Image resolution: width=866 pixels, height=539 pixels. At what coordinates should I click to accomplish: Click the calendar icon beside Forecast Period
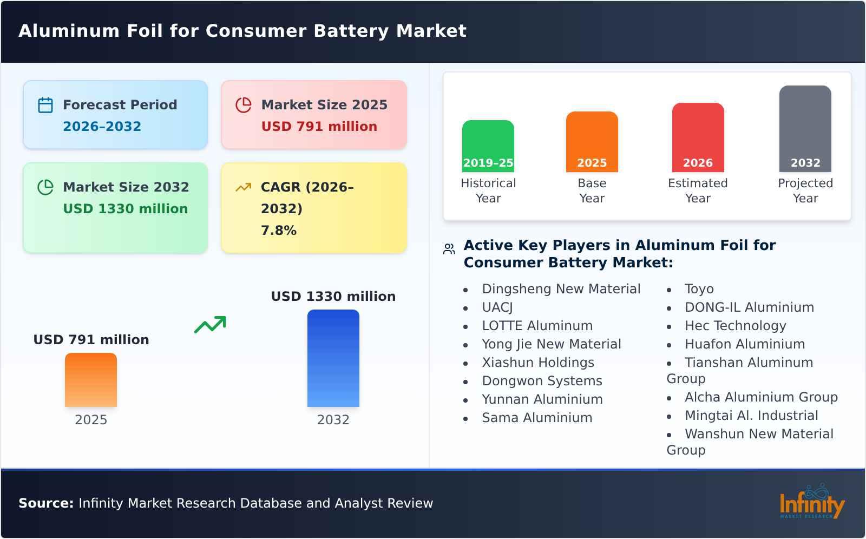click(45, 105)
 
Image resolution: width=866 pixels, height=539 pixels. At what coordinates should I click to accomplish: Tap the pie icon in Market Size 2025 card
click(244, 105)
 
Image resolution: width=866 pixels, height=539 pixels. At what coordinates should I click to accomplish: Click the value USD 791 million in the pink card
click(319, 127)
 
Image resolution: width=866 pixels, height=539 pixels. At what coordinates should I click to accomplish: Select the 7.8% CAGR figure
click(278, 231)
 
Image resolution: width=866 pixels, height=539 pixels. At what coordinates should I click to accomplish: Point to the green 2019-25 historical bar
click(488, 146)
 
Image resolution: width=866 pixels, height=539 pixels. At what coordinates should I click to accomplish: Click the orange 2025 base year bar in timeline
click(592, 141)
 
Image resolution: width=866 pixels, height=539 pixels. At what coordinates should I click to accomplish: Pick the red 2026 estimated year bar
click(698, 137)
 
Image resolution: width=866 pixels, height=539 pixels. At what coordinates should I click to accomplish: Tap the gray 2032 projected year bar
click(805, 128)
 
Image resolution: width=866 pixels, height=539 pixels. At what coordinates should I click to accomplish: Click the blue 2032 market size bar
click(333, 358)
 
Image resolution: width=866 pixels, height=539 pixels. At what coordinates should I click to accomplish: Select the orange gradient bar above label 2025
click(91, 379)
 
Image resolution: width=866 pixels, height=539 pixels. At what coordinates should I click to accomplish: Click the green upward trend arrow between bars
click(210, 325)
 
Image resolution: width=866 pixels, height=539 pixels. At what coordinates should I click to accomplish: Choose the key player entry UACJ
click(497, 307)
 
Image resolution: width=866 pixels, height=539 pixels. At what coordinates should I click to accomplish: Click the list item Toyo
click(699, 289)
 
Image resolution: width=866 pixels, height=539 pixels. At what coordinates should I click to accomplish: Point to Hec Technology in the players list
click(735, 326)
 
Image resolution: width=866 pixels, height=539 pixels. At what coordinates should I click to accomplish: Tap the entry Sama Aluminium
click(536, 418)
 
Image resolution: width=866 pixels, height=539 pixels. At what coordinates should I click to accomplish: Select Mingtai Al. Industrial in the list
click(751, 416)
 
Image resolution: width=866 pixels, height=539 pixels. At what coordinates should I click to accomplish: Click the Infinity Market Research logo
click(811, 502)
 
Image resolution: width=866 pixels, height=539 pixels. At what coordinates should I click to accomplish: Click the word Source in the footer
click(45, 503)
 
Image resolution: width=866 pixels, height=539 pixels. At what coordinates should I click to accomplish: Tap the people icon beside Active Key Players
click(449, 249)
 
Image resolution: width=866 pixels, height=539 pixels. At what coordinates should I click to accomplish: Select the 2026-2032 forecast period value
click(102, 127)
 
